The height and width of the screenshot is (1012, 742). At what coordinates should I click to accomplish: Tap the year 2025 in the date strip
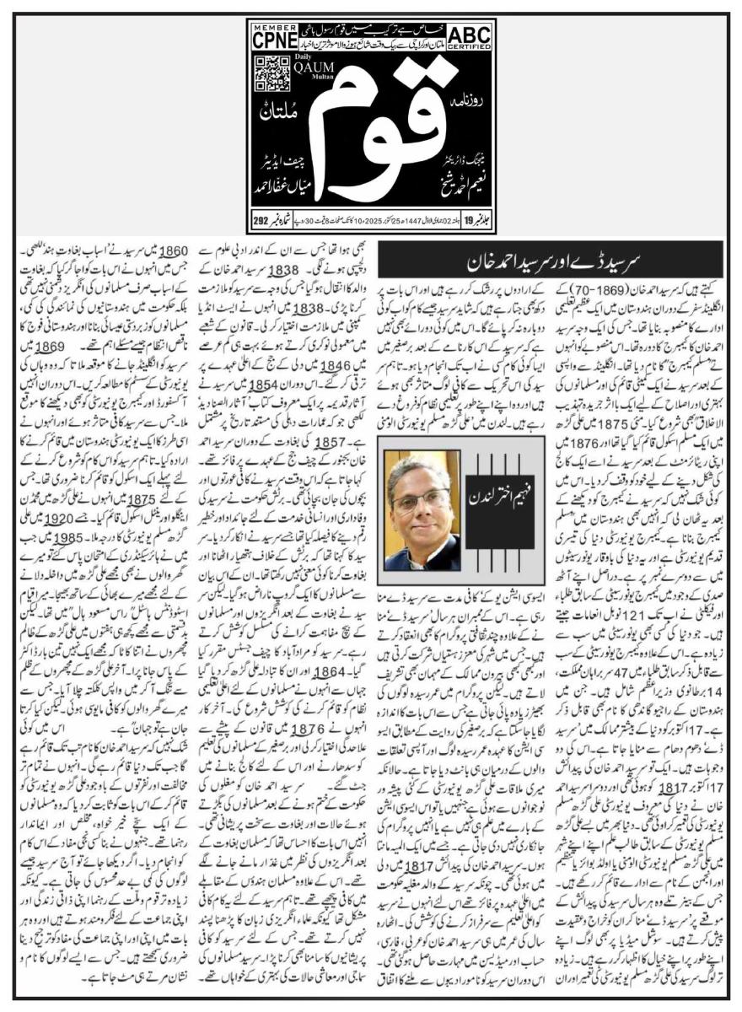pyautogui.click(x=379, y=222)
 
